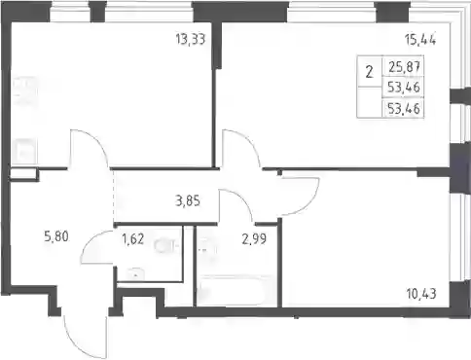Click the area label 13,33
[x=191, y=40]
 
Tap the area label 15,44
[x=420, y=40]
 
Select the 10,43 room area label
[x=421, y=294]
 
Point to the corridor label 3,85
[x=188, y=201]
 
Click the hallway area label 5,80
[x=56, y=236]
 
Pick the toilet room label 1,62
[x=132, y=239]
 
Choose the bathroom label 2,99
[x=254, y=239]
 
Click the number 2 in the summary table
[x=369, y=72]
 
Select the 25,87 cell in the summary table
[x=405, y=67]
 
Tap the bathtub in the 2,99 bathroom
[x=235, y=291]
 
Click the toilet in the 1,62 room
[x=166, y=246]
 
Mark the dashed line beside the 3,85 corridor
[x=114, y=197]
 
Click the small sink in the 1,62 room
[x=136, y=274]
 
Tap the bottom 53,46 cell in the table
[x=404, y=109]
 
